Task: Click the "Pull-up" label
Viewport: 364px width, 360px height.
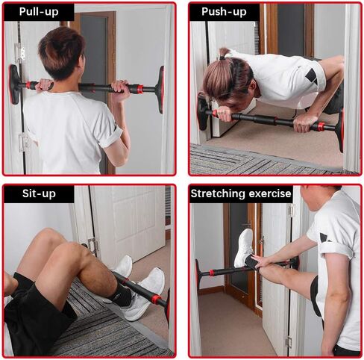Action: coord(39,12)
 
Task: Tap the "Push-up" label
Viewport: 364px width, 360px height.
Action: coord(224,12)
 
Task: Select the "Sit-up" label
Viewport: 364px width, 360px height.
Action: coord(39,193)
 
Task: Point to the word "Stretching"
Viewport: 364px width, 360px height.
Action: coord(219,193)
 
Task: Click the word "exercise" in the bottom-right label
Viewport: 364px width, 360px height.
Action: coord(270,193)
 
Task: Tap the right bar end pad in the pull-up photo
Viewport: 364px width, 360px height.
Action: coord(160,89)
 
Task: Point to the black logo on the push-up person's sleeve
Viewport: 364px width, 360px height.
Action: coord(312,75)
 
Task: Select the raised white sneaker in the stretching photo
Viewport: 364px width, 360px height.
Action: coord(244,248)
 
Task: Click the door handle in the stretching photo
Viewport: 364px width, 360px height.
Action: coord(248,223)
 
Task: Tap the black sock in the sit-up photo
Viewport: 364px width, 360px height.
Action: coord(122,292)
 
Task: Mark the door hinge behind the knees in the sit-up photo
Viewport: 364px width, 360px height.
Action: coord(92,246)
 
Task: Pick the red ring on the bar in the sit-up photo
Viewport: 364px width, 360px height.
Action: coord(156,299)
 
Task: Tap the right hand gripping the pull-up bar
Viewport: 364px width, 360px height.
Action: coord(120,89)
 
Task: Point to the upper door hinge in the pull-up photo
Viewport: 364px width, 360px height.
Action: coord(19,53)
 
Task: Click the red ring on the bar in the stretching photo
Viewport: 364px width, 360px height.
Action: coord(212,273)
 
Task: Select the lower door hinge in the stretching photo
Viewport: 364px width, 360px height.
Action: coord(289,342)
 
